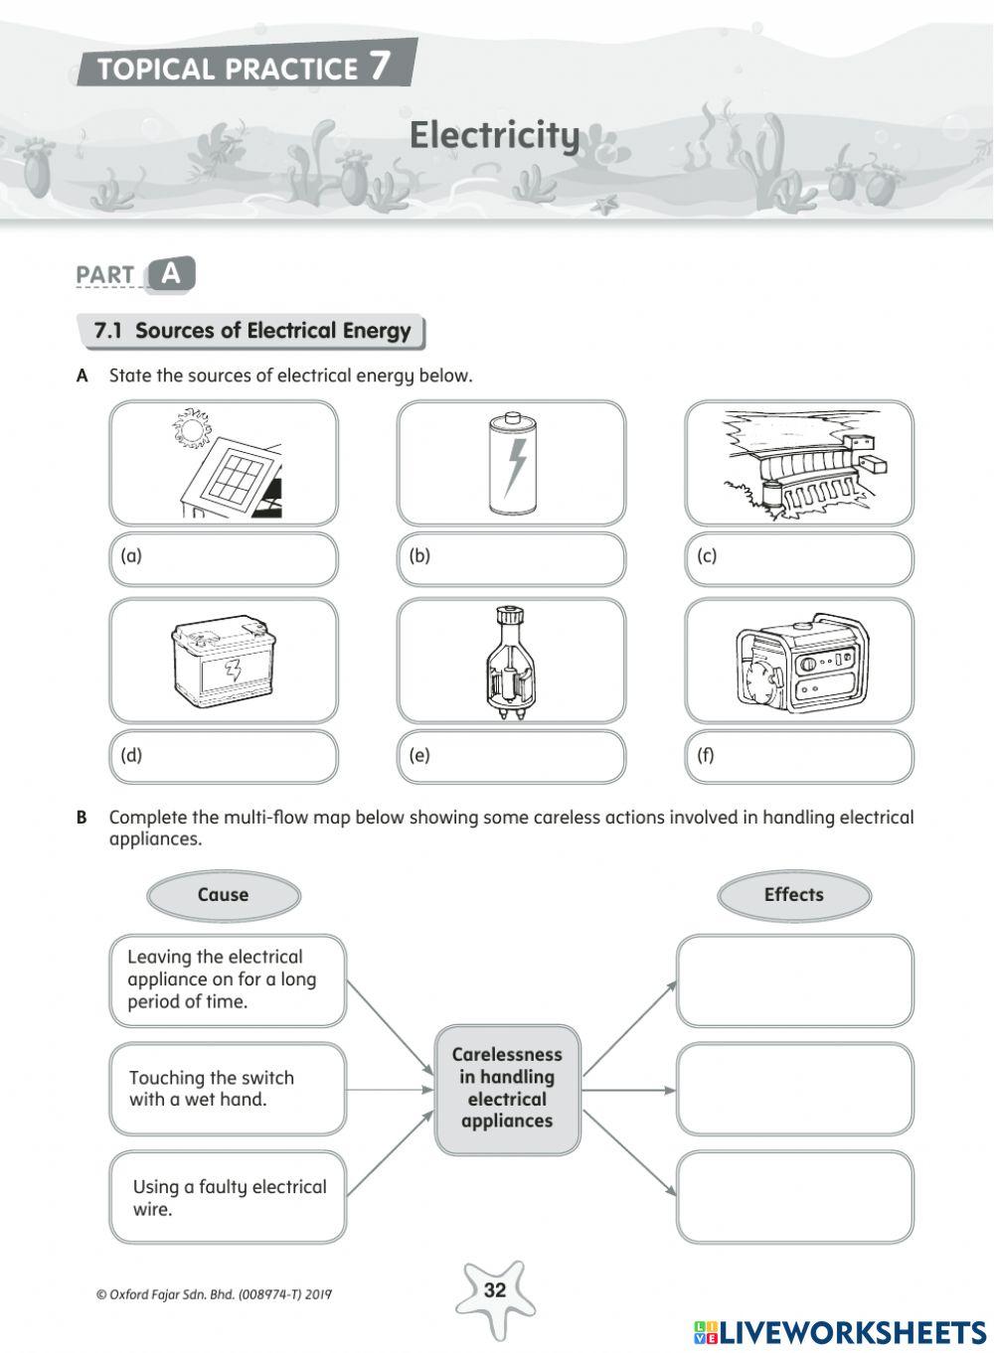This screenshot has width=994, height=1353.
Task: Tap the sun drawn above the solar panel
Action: pos(190,429)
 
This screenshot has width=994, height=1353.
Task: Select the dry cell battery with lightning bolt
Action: pos(512,464)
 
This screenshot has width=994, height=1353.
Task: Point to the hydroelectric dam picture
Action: pos(799,464)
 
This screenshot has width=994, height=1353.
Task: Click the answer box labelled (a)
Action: pos(224,559)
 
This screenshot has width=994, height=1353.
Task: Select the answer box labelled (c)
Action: pos(799,559)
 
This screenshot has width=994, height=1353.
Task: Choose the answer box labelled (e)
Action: pos(511,757)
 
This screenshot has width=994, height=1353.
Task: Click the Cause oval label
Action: pos(223,895)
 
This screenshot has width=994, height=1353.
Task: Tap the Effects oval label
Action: pos(793,895)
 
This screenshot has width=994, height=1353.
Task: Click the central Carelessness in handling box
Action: pos(507,1089)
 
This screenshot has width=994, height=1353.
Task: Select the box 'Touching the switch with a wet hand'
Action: pos(228,1089)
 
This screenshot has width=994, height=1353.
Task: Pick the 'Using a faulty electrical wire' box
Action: pos(228,1197)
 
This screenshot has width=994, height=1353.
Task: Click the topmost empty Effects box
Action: pos(794,980)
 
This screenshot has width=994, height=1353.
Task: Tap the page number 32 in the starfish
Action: pos(494,1290)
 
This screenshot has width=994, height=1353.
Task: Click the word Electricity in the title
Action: pos(494,135)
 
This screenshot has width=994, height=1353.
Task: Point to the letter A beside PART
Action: pos(171,274)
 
